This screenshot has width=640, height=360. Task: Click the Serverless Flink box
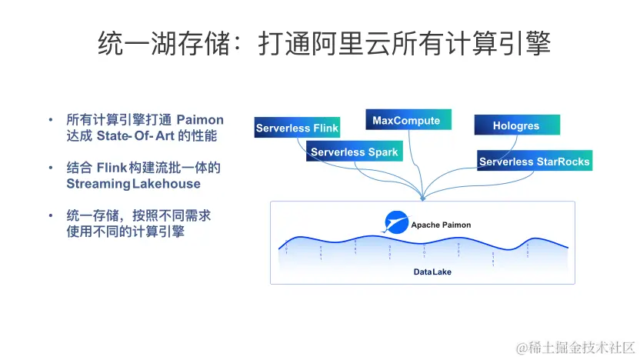coord(297,128)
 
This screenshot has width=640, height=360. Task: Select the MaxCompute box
coord(406,121)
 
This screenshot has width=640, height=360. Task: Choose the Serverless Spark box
coord(354,152)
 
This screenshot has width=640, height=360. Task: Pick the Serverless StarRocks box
coord(534,162)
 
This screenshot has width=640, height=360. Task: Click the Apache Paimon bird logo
coord(397,223)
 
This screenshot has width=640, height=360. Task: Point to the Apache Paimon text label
coord(441,225)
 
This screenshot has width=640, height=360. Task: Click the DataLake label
coord(432,272)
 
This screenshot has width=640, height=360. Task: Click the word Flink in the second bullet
coord(112,168)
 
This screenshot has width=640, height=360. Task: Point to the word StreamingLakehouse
coord(133,184)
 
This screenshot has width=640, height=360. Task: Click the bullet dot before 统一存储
coord(51,216)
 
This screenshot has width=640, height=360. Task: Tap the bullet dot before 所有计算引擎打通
coord(51,120)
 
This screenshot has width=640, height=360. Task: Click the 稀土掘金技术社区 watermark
coord(575,348)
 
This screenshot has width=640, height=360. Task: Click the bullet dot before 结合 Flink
coord(51,168)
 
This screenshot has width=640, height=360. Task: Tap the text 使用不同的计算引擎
coord(125,232)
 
